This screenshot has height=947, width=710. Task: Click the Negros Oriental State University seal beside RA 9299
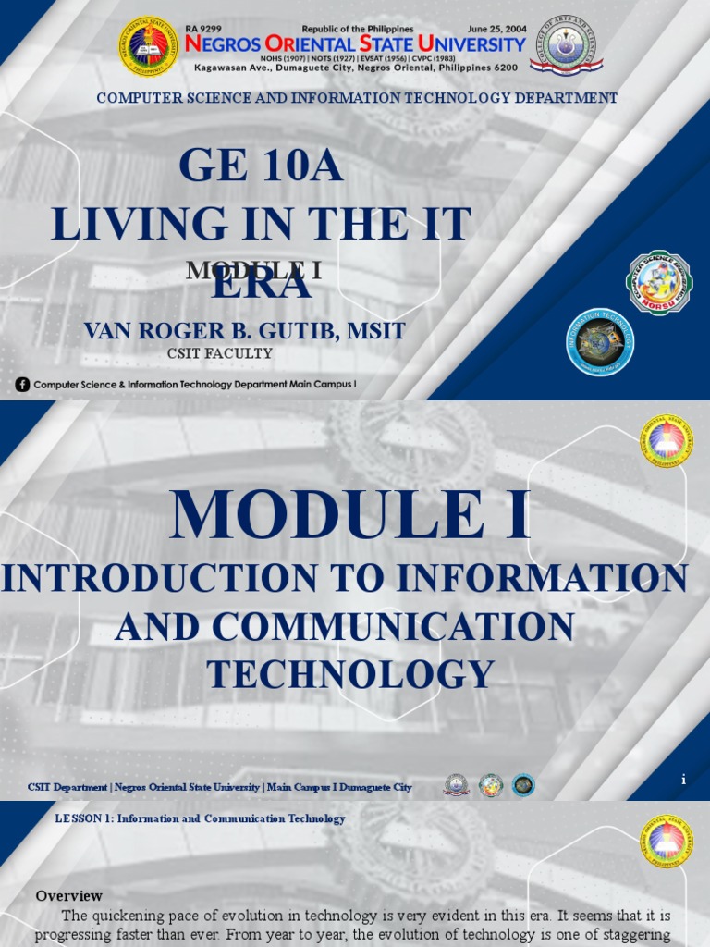[149, 46]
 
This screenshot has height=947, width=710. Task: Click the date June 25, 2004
[496, 29]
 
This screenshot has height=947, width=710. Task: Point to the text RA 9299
[205, 29]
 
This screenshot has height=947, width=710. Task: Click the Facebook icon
[23, 384]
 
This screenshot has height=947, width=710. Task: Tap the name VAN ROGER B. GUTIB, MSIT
[244, 330]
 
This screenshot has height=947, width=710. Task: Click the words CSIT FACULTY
[219, 353]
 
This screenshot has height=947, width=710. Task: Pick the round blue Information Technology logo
[600, 342]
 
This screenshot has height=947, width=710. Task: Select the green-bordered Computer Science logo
[659, 283]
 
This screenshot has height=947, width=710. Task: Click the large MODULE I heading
[350, 516]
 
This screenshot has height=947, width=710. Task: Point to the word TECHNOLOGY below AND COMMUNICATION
[350, 674]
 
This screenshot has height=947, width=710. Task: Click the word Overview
[68, 895]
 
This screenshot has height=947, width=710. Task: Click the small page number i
[683, 780]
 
